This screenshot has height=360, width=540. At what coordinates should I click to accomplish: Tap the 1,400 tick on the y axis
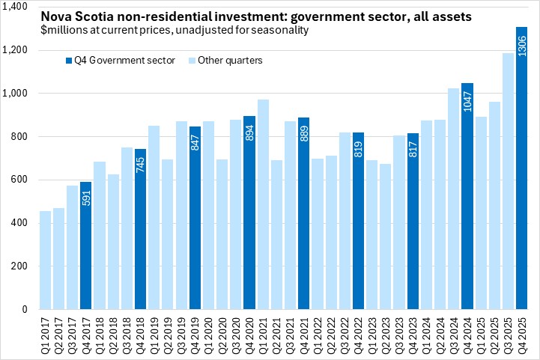[x=15, y=7]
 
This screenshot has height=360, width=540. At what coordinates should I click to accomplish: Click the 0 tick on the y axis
[x=24, y=309]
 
